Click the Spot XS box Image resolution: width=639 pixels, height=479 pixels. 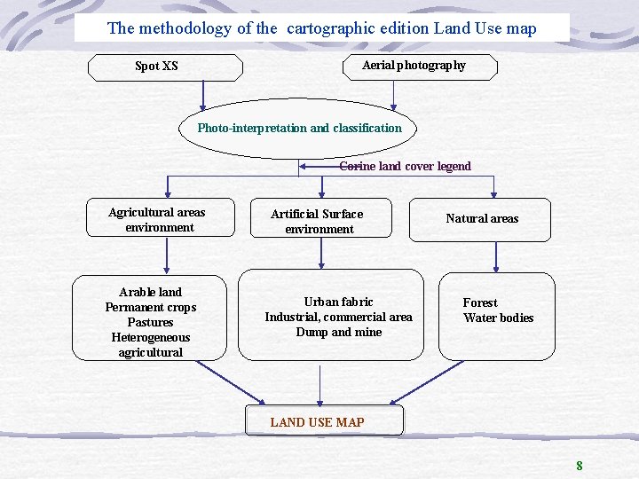click(x=165, y=67)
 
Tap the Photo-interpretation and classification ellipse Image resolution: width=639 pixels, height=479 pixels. click(x=299, y=128)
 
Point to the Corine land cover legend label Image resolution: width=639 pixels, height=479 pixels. click(x=405, y=166)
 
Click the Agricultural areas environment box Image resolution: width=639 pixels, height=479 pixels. click(x=161, y=219)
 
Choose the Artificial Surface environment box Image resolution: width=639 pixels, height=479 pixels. click(x=319, y=221)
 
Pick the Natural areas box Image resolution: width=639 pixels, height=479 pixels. click(x=480, y=219)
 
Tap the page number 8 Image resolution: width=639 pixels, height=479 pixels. click(x=580, y=466)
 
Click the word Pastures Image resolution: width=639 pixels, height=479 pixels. click(x=150, y=322)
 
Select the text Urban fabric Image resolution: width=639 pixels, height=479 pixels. click(x=338, y=302)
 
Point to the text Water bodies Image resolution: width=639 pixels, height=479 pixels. click(x=499, y=318)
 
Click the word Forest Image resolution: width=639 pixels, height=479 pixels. click(x=480, y=302)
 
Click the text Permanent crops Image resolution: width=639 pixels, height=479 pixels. click(x=150, y=307)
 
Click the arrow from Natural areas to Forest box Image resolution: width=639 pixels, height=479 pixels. click(x=496, y=255)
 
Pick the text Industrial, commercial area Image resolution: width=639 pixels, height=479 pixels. click(x=338, y=317)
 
